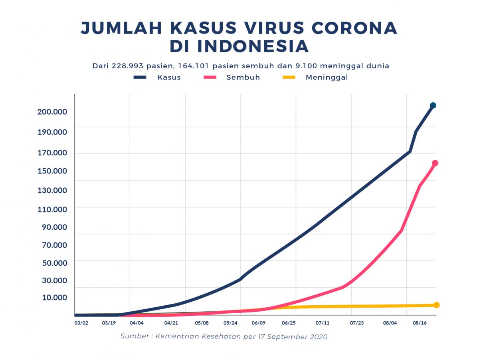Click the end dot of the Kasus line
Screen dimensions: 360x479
click(433, 105)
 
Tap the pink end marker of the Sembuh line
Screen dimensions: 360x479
click(435, 163)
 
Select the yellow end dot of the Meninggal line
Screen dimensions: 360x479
click(436, 305)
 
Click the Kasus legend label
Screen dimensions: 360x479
click(169, 78)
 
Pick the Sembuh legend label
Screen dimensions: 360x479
click(243, 78)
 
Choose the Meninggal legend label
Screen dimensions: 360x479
click(327, 78)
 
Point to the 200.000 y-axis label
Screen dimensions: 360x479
click(52, 111)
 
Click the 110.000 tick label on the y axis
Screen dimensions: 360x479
click(52, 209)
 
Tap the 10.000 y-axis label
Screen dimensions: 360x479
click(54, 297)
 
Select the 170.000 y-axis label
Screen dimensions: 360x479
click(52, 153)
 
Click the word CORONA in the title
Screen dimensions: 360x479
click(354, 28)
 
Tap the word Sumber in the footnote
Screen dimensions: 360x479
click(135, 336)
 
